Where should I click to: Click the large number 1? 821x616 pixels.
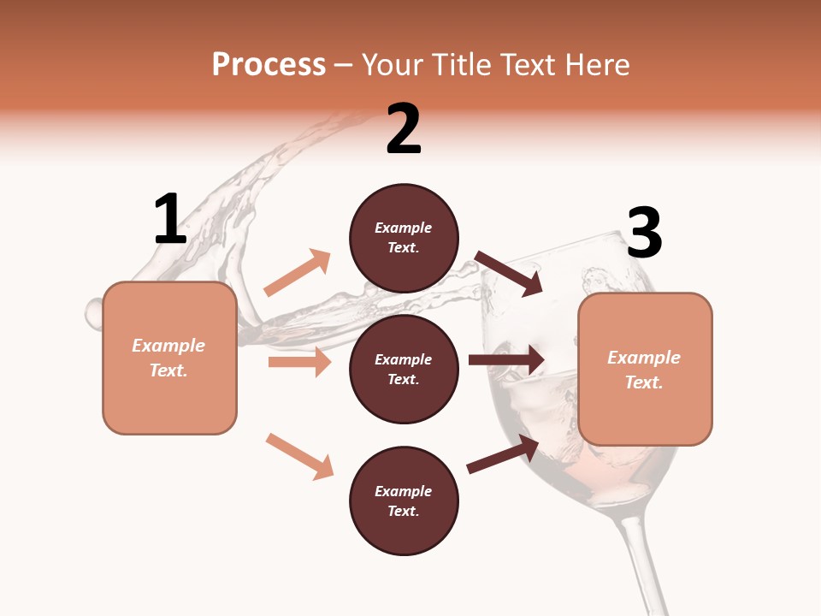pyautogui.click(x=170, y=219)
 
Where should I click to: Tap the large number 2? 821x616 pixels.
pyautogui.click(x=404, y=129)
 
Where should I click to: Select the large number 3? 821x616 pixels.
pyautogui.click(x=644, y=233)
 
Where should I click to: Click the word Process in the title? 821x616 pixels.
pyautogui.click(x=269, y=64)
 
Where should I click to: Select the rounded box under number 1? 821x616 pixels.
pyautogui.click(x=169, y=358)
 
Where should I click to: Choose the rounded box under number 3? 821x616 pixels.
pyautogui.click(x=645, y=369)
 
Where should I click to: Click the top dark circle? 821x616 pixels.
pyautogui.click(x=404, y=238)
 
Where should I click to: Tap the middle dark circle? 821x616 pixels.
pyautogui.click(x=404, y=369)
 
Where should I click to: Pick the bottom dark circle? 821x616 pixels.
pyautogui.click(x=404, y=500)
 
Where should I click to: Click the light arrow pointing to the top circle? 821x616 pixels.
pyautogui.click(x=298, y=273)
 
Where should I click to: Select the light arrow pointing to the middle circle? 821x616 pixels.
pyautogui.click(x=299, y=362)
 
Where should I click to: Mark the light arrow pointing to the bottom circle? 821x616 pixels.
pyautogui.click(x=299, y=456)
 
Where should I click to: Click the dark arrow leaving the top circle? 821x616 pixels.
pyautogui.click(x=509, y=273)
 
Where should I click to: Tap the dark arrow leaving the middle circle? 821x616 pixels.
pyautogui.click(x=506, y=360)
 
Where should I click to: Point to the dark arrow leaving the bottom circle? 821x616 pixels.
pyautogui.click(x=503, y=453)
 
